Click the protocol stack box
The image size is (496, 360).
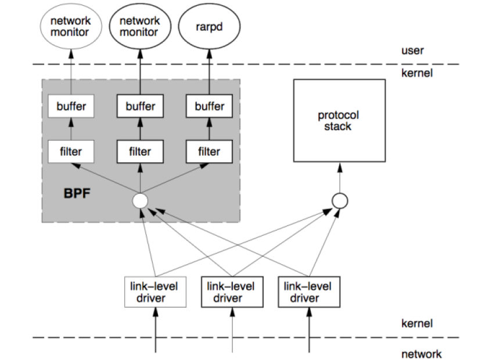click(x=339, y=121)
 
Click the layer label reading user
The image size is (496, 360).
click(x=412, y=51)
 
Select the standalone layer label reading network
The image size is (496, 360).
click(x=421, y=354)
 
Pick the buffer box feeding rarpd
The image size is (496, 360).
click(x=209, y=106)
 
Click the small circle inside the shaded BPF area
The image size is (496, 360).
click(x=140, y=201)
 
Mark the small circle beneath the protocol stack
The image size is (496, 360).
click(x=339, y=201)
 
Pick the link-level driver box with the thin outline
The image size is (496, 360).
click(x=155, y=291)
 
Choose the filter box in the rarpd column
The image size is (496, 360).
click(x=209, y=152)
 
